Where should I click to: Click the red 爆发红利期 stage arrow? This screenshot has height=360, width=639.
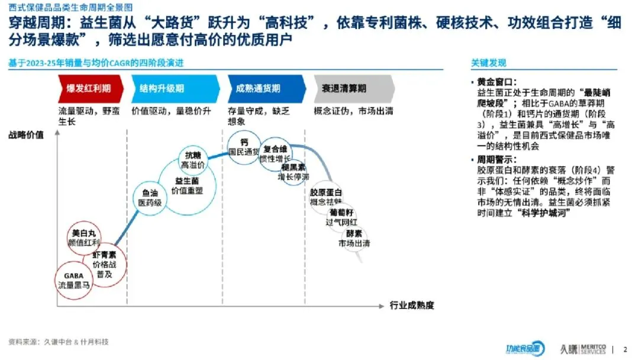(x=89, y=88)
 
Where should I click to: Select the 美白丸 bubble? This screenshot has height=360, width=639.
(x=83, y=237)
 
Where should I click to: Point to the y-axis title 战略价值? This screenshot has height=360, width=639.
(x=26, y=135)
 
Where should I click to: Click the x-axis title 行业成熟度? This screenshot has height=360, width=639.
(x=412, y=306)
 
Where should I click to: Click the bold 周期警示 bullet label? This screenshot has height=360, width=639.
(x=496, y=160)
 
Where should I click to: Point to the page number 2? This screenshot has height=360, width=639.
(x=625, y=349)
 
